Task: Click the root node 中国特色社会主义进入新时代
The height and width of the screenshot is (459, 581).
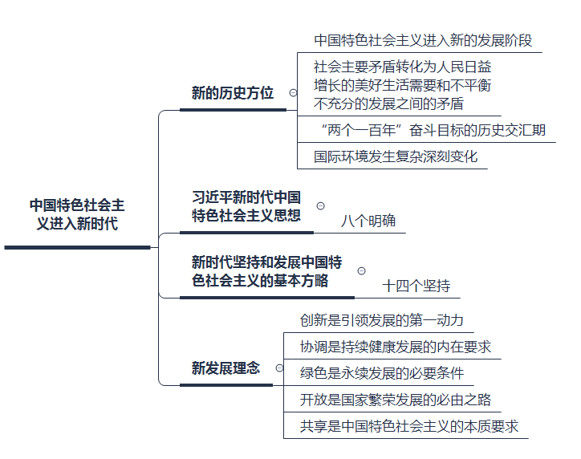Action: [x=76, y=214]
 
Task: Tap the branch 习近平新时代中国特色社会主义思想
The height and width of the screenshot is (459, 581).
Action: [x=246, y=205]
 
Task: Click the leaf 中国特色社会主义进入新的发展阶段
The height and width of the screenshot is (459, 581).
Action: [x=422, y=40]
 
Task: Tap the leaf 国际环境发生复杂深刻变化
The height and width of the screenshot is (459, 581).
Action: [x=395, y=156]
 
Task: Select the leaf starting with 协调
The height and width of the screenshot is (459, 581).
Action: [x=394, y=347]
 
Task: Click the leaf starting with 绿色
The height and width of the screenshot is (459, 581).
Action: [x=380, y=373]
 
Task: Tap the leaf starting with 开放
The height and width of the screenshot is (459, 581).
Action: [x=394, y=399]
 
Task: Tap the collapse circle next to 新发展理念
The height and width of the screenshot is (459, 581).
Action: [x=278, y=368]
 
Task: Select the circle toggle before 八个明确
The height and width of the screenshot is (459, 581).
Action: [x=321, y=206]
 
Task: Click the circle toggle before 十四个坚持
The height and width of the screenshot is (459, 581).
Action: [x=360, y=271]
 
